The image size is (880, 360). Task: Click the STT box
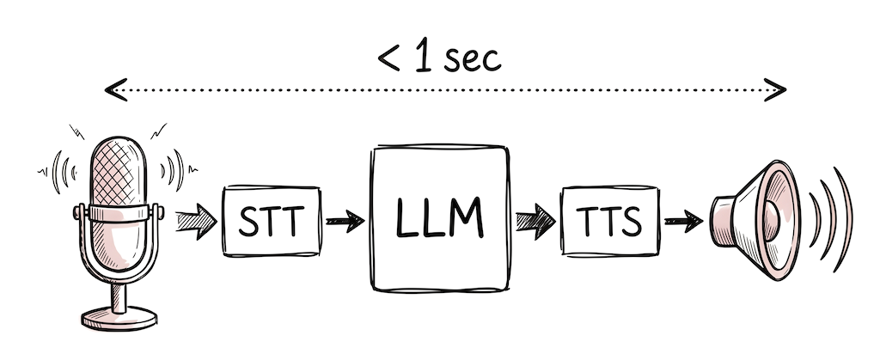(x=271, y=221)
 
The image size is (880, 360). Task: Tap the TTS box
(x=608, y=221)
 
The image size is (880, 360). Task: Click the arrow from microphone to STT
(x=196, y=222)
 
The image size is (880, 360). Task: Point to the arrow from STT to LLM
(x=345, y=222)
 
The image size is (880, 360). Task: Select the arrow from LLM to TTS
(x=535, y=222)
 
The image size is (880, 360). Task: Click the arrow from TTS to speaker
(x=683, y=222)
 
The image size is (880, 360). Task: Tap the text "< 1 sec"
(x=438, y=58)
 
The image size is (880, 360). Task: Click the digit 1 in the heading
(x=422, y=58)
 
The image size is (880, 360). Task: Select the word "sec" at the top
(x=472, y=60)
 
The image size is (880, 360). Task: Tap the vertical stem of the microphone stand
(x=119, y=292)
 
